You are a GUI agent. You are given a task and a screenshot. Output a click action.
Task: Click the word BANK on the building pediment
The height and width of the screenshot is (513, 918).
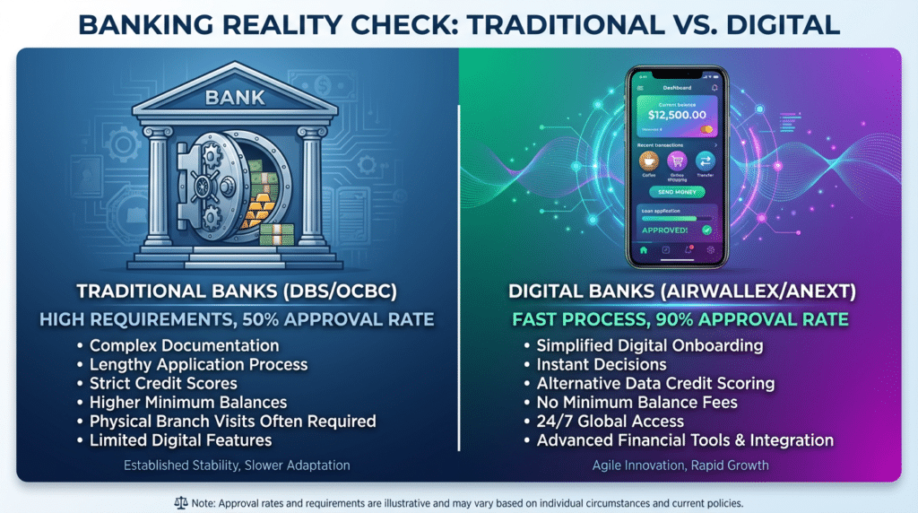(x=229, y=95)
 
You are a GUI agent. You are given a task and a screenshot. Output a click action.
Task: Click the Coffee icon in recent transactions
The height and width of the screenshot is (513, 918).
(x=649, y=161)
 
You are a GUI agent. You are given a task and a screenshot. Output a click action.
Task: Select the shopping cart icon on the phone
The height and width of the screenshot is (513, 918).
(x=678, y=161)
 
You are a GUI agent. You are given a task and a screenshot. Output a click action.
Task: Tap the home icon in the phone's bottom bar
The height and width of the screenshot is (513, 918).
(x=644, y=250)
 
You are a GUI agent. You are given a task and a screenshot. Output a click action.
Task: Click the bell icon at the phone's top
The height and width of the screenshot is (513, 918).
(x=714, y=87)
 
